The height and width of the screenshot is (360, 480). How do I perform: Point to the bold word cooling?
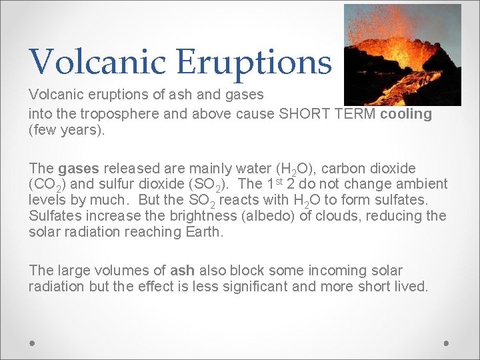coord(406,114)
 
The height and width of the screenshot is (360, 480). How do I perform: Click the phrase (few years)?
coord(67,129)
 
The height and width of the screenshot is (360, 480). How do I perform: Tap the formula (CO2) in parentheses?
coord(49,185)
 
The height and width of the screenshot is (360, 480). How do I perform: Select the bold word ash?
coord(182,271)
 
